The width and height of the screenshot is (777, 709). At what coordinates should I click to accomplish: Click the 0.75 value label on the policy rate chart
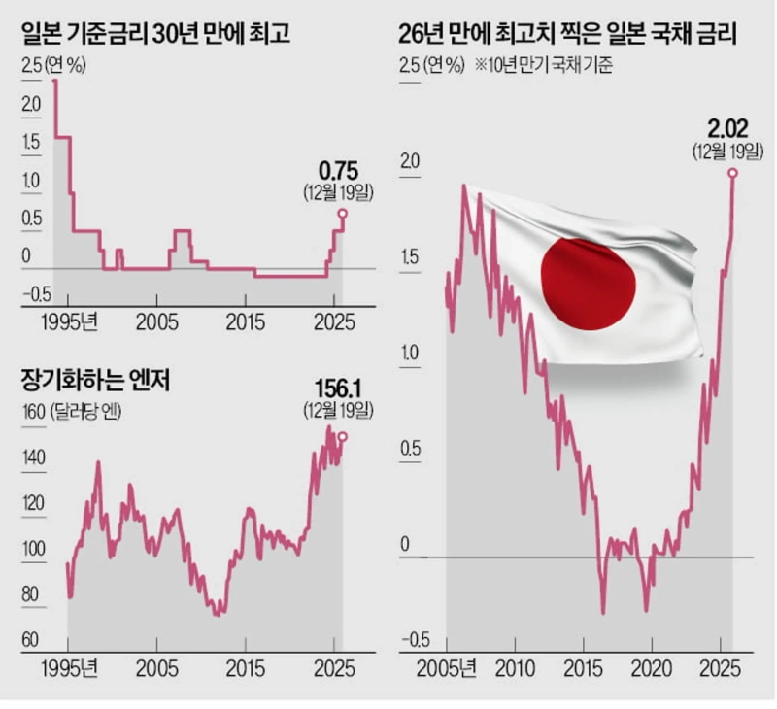point(338,172)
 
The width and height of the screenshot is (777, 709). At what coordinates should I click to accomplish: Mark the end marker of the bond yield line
point(732,173)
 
